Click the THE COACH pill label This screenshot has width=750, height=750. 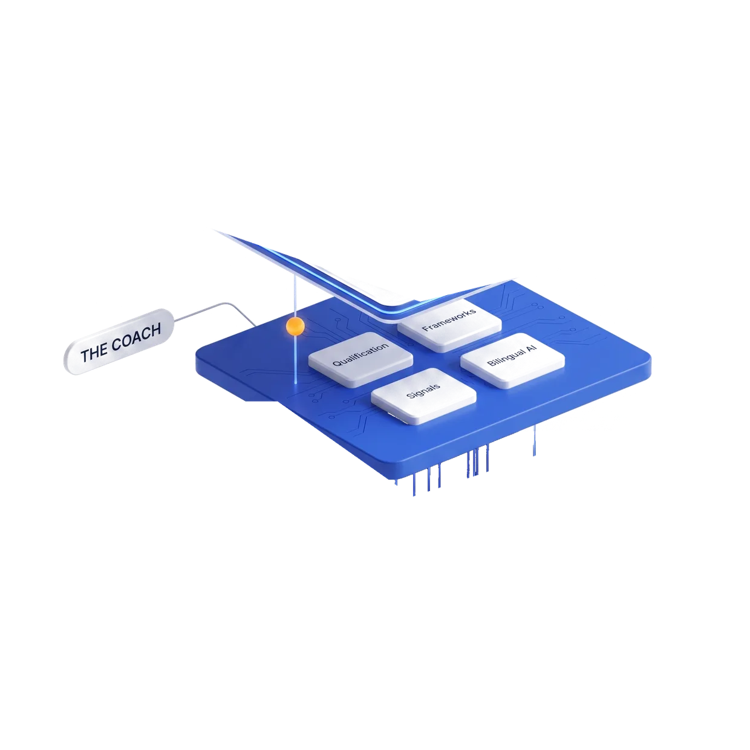pyautogui.click(x=119, y=341)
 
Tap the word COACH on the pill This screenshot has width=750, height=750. pyautogui.click(x=136, y=337)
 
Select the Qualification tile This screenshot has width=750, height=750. pyautogui.click(x=360, y=359)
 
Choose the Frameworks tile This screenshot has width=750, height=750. pyautogui.click(x=449, y=325)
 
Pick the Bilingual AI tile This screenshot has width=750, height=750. pyautogui.click(x=512, y=360)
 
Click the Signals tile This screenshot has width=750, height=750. pyautogui.click(x=423, y=396)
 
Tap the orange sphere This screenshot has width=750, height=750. pyautogui.click(x=295, y=326)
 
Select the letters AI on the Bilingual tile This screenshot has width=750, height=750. pyautogui.click(x=531, y=347)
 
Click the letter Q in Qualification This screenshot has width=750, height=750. pyautogui.click(x=336, y=364)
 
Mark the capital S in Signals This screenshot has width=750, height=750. pyautogui.click(x=410, y=396)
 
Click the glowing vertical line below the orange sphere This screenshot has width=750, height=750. pyautogui.click(x=296, y=359)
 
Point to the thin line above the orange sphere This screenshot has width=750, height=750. pyautogui.click(x=295, y=296)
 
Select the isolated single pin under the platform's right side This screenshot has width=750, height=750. pyautogui.click(x=535, y=440)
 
